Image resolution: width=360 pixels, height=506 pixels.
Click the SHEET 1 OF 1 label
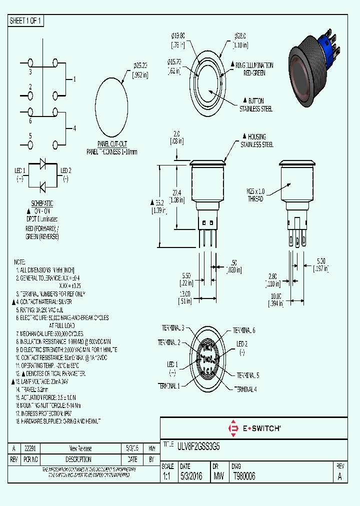click(x=26, y=20)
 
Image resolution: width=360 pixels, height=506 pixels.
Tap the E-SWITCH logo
click(x=254, y=428)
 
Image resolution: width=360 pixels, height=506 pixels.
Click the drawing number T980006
click(x=244, y=477)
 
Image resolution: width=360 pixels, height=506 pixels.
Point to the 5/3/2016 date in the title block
click(x=190, y=477)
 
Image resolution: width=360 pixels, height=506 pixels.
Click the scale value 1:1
click(x=166, y=477)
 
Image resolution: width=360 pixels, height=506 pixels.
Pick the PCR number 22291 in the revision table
click(x=30, y=448)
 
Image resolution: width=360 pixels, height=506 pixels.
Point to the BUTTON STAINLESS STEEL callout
click(x=255, y=105)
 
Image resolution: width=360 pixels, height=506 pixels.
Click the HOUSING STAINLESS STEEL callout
click(x=256, y=140)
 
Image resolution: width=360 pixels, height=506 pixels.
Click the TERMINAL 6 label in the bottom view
click(x=244, y=330)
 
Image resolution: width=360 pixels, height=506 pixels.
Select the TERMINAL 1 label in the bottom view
click(x=169, y=385)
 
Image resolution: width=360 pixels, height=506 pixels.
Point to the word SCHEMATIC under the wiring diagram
click(x=42, y=204)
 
